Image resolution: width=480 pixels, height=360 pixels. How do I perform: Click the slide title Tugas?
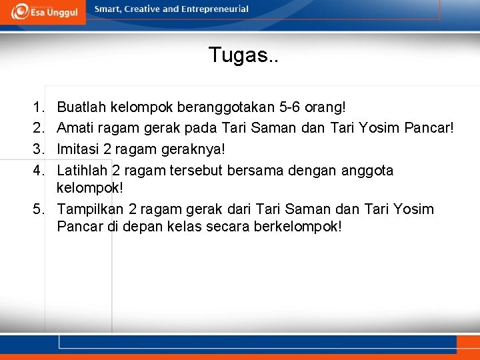(x=243, y=55)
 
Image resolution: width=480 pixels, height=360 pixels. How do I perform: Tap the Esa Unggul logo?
(x=43, y=12)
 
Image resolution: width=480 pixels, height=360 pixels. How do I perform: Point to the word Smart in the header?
(x=107, y=9)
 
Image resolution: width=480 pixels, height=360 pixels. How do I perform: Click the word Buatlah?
(x=82, y=107)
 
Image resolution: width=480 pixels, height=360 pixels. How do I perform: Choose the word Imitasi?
(x=78, y=148)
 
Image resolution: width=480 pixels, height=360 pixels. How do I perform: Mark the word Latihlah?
(x=83, y=170)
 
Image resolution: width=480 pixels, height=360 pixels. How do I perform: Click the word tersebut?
(x=198, y=170)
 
